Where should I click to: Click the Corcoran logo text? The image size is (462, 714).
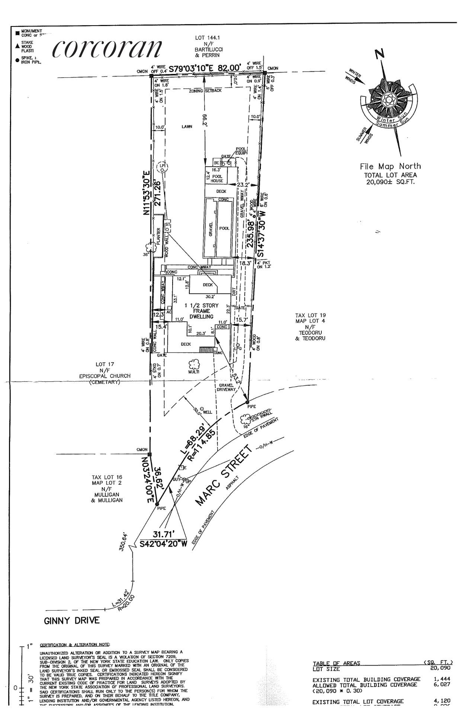[108, 48]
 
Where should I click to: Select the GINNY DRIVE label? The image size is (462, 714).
[72, 620]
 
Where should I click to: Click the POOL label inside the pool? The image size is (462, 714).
[224, 228]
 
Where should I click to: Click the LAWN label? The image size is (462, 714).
[187, 127]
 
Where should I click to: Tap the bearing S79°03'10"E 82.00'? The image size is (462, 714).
[205, 68]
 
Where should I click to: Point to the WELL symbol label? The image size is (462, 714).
[207, 412]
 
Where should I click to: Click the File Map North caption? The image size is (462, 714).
[390, 166]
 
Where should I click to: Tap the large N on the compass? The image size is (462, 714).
[379, 54]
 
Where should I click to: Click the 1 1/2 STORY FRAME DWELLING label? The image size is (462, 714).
[202, 311]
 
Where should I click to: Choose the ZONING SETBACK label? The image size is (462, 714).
[205, 91]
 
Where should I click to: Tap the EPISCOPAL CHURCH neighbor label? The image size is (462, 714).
[105, 376]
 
